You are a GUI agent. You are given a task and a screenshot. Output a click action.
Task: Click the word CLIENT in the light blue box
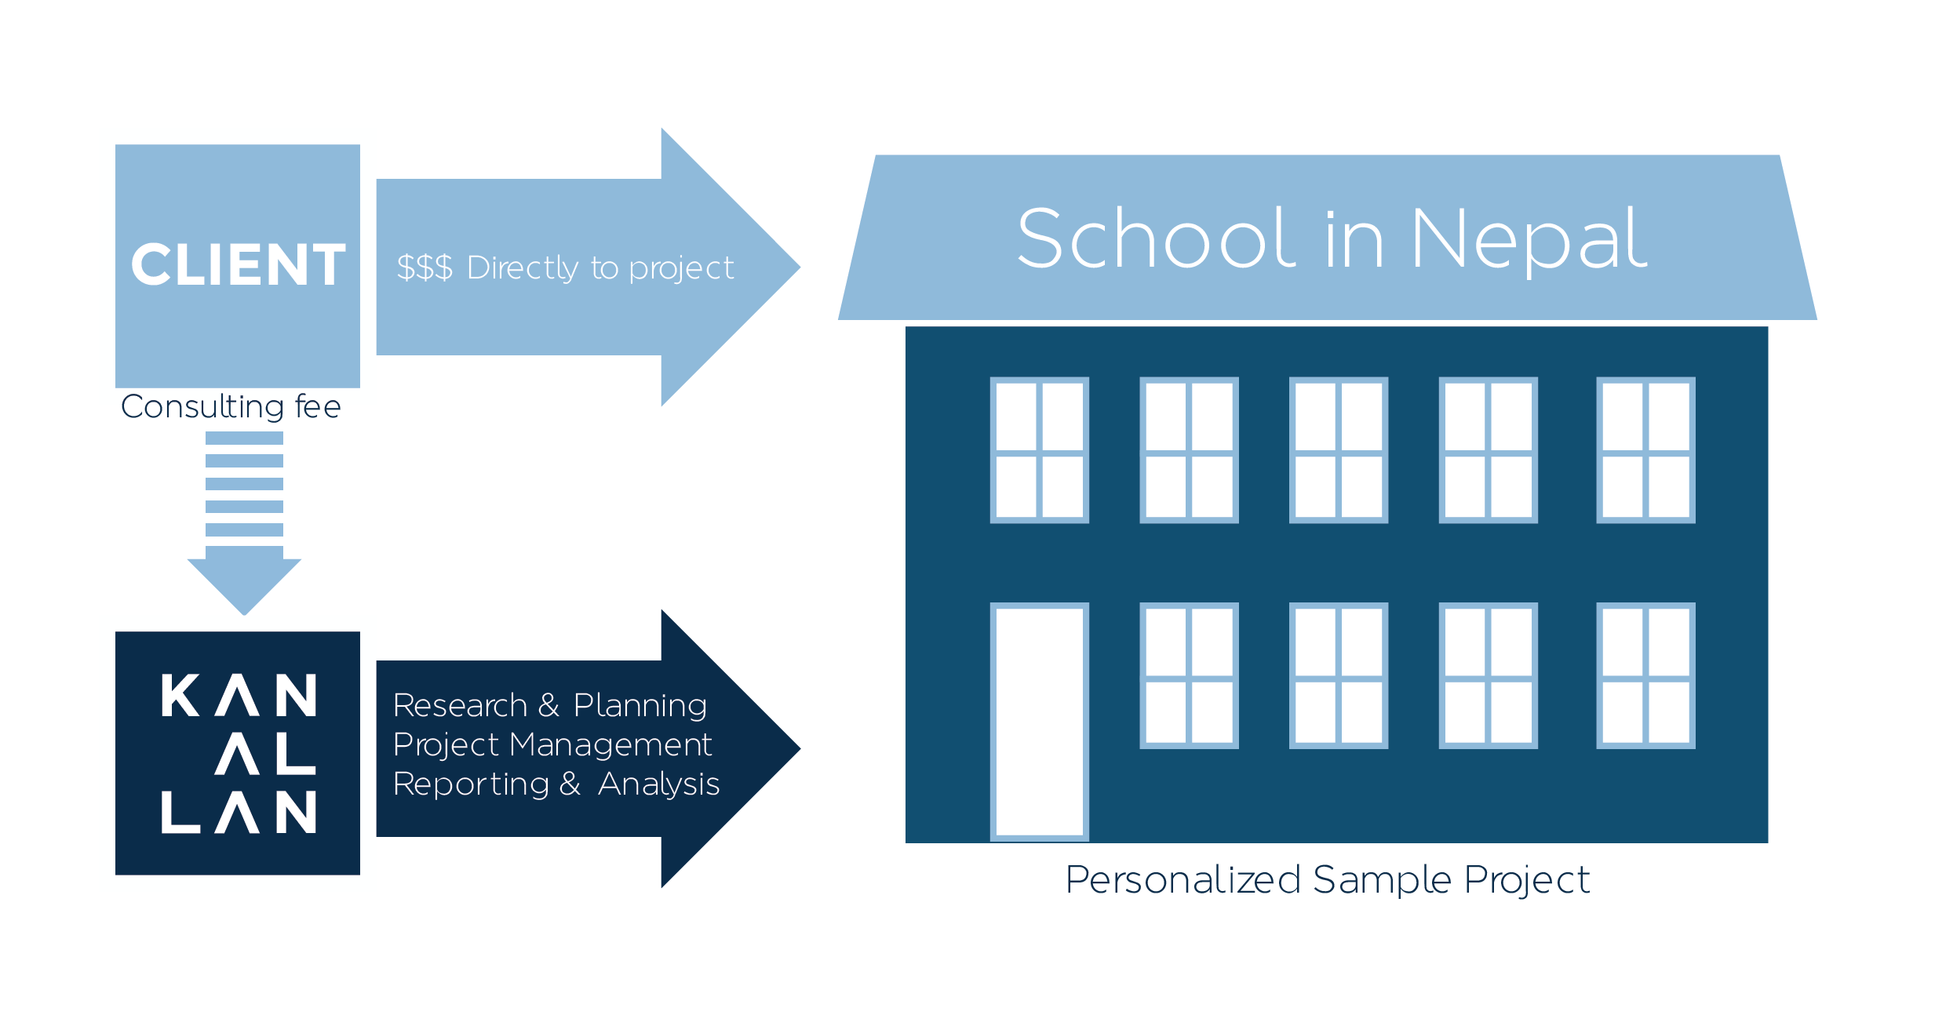238,264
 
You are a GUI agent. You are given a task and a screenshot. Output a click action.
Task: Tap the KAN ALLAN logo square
238,753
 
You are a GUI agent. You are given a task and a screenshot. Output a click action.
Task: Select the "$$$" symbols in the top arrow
425,267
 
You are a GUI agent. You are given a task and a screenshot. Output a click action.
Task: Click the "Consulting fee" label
231,407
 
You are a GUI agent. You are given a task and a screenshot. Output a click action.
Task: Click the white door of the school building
1039,722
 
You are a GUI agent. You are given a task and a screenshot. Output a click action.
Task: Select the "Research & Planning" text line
549,705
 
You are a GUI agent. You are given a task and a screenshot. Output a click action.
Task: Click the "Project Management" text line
552,744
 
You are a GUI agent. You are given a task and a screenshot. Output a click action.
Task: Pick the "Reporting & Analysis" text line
556,784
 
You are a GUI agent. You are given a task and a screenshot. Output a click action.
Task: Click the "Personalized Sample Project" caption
1328,879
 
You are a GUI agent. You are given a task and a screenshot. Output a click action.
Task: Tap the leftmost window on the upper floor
1039,450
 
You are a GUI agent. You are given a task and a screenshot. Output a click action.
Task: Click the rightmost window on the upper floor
1645,450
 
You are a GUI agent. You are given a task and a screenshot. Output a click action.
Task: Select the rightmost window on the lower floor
1645,675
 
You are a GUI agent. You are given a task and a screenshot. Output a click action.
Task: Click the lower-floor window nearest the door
1189,675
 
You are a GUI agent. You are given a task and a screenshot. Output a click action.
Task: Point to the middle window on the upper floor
1339,450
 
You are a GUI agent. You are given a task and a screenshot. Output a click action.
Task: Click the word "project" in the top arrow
681,269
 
